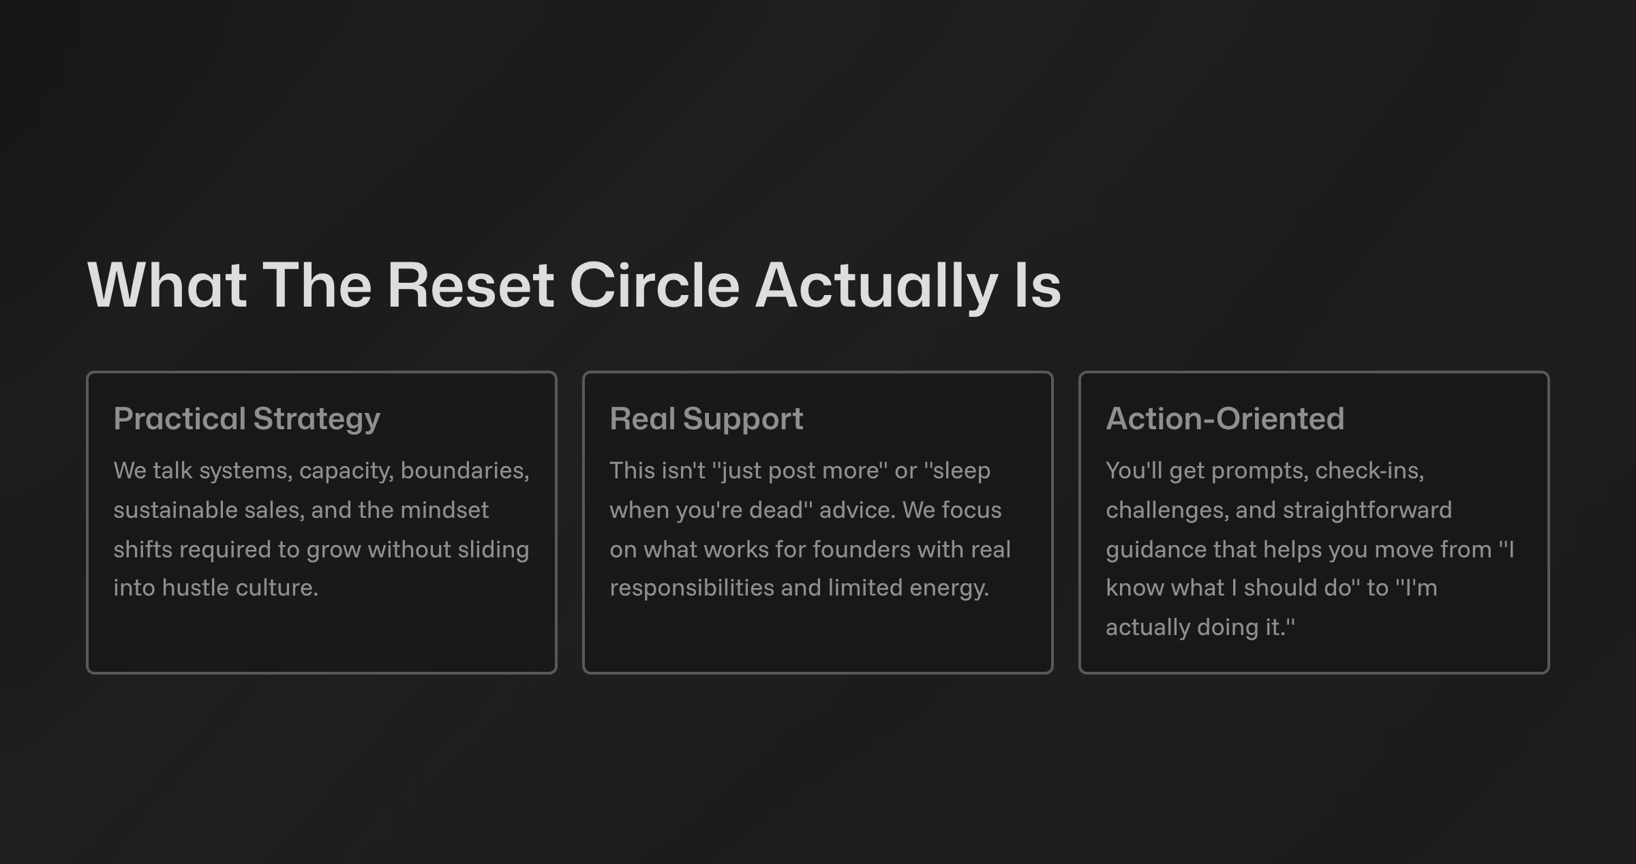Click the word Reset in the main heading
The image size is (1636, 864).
[471, 285]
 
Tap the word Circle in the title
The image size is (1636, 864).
[654, 285]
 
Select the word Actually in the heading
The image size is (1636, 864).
[877, 286]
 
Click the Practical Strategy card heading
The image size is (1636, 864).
[247, 419]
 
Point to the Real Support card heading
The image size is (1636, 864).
[706, 419]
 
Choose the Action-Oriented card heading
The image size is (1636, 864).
[1225, 418]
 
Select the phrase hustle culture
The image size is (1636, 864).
[240, 587]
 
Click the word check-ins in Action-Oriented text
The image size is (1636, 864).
[1369, 470]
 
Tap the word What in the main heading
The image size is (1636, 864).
[167, 285]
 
